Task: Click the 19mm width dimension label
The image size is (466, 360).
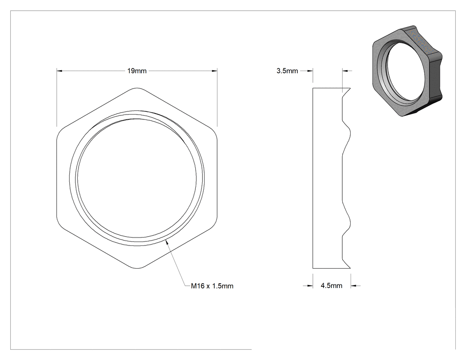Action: coord(137,71)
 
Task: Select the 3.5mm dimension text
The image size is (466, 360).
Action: coord(287,71)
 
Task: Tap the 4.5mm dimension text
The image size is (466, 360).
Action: coord(332,286)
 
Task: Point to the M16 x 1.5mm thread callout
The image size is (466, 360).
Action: coord(212,286)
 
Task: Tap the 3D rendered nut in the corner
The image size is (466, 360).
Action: coord(407,71)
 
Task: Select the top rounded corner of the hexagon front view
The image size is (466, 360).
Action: coord(137,88)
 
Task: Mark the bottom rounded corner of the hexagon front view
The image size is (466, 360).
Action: coord(137,269)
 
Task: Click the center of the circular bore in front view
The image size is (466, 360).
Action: coord(137,178)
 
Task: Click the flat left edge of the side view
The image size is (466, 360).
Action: coord(312,178)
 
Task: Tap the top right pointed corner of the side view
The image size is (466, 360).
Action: coord(351,88)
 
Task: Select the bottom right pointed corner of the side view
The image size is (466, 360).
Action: coord(351,268)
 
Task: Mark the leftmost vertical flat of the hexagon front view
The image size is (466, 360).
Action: coord(57,178)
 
